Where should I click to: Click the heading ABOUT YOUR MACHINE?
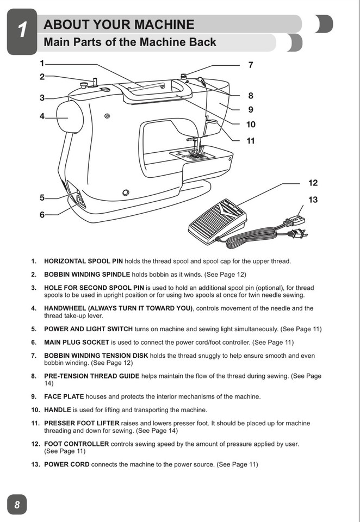pyautogui.click(x=119, y=24)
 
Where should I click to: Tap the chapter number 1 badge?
pyautogui.click(x=22, y=31)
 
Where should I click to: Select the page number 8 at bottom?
pyautogui.click(x=17, y=505)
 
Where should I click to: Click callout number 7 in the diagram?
pyautogui.click(x=250, y=65)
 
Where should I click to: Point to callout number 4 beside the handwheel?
pyautogui.click(x=42, y=116)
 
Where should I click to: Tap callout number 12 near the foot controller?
pyautogui.click(x=313, y=183)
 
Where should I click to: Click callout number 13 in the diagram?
pyautogui.click(x=313, y=200)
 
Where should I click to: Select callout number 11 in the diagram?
pyautogui.click(x=250, y=141)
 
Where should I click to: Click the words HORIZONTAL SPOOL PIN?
pyautogui.click(x=86, y=261)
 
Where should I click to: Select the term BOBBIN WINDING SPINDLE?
pyautogui.click(x=87, y=275)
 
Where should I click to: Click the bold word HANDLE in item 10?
pyautogui.click(x=58, y=409)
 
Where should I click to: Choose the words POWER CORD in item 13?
pyautogui.click(x=66, y=464)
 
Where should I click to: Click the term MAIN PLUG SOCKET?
pyautogui.click(x=76, y=343)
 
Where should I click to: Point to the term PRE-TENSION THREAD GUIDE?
pyautogui.click(x=91, y=376)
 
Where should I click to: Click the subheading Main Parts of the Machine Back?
pyautogui.click(x=129, y=42)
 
